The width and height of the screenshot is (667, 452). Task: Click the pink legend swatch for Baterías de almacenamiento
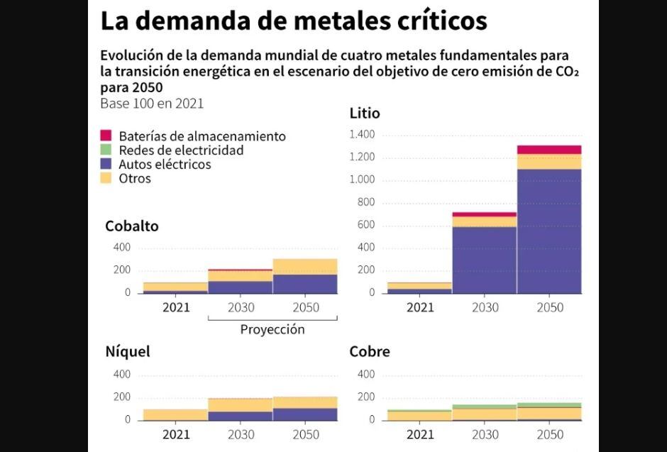tap(106, 136)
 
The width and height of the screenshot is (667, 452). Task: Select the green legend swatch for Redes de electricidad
tap(106, 150)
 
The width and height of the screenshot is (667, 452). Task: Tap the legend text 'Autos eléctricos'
tap(165, 164)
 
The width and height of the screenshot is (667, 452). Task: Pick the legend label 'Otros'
tap(135, 178)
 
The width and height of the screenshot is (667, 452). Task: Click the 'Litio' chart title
tap(365, 114)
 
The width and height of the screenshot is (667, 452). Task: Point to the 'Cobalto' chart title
tap(132, 226)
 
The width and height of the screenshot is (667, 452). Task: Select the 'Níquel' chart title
tap(128, 352)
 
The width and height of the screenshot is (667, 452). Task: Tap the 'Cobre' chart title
tap(370, 352)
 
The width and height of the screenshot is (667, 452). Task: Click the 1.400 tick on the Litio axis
tap(362, 135)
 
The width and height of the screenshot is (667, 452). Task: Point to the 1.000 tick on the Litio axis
tap(362, 180)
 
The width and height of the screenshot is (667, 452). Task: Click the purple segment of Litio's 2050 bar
tap(549, 231)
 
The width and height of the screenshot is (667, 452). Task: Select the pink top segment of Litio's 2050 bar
tap(549, 149)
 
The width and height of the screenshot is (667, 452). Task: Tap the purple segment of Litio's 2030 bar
tap(484, 259)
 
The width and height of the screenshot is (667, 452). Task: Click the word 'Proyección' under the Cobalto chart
tap(272, 329)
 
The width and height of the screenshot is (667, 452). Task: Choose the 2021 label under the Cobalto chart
tap(175, 307)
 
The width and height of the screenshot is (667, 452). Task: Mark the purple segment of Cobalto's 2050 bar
tap(305, 284)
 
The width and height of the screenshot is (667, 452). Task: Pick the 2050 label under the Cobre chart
tap(549, 434)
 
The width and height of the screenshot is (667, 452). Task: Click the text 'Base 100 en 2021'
tap(152, 103)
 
